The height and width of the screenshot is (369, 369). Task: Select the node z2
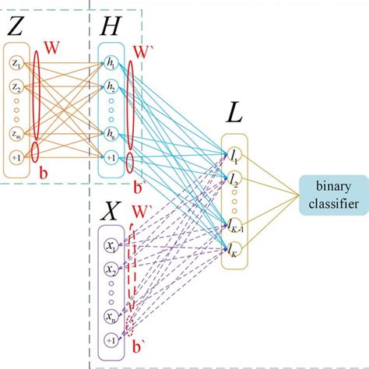16,88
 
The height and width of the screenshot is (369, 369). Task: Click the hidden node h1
113,62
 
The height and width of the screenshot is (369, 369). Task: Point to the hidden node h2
113,87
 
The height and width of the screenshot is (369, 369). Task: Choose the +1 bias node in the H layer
113,159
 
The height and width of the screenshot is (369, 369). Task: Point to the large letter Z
16,27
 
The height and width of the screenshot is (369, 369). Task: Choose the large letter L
234,114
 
